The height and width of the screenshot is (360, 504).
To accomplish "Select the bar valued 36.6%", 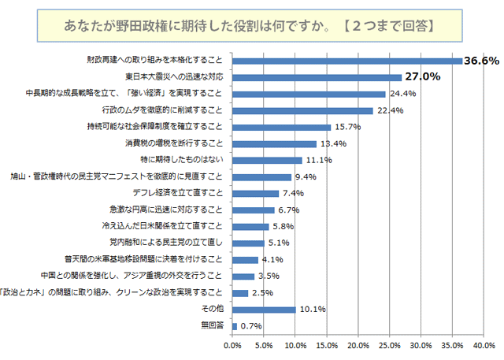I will coord(346,61).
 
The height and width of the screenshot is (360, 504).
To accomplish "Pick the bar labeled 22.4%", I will coord(302,110).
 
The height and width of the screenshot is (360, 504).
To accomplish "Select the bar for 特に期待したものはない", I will coord(267,160).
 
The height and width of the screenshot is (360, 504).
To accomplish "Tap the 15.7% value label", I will coord(347,127).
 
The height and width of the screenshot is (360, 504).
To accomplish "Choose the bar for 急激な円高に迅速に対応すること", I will coord(253,210).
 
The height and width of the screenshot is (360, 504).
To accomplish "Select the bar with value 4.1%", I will coord(245,259).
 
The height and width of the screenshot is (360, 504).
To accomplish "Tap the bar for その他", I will coord(264,309).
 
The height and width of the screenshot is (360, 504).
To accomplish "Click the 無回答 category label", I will coord(213,325).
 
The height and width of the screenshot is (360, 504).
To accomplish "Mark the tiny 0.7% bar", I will coord(234,325).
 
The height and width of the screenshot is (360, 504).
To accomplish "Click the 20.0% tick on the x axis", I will coord(358,345).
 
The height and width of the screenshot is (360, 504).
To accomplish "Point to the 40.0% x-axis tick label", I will coord(484,345).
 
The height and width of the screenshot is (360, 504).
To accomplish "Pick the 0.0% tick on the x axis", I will coord(232,345).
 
